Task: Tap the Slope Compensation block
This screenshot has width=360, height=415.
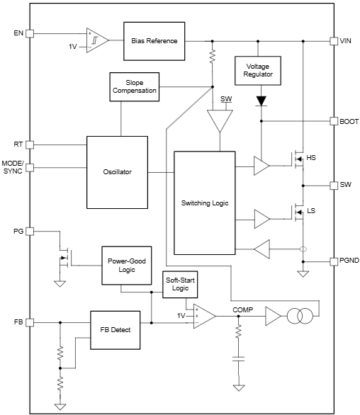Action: click(133, 86)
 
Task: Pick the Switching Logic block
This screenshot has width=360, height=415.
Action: click(205, 203)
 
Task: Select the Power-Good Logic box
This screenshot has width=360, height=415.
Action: click(127, 266)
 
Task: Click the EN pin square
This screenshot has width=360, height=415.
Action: click(30, 33)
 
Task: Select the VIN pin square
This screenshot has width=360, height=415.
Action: click(333, 41)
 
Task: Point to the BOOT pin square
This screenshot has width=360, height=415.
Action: click(333, 121)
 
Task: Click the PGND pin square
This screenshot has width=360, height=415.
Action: click(333, 261)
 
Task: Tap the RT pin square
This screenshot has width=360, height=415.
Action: click(30, 144)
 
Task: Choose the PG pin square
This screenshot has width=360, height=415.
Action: click(30, 231)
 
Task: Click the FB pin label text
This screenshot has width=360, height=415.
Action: click(18, 322)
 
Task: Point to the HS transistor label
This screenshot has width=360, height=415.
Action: click(311, 157)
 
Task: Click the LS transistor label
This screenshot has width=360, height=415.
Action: click(311, 211)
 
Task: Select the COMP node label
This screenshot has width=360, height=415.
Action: click(243, 309)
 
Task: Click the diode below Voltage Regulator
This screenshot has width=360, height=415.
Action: click(261, 101)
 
